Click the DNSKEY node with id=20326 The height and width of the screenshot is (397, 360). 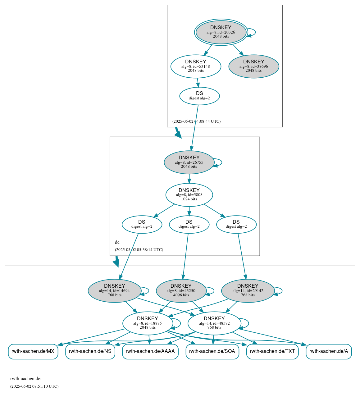(x=221, y=32)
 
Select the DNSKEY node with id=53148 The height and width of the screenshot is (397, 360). (x=196, y=66)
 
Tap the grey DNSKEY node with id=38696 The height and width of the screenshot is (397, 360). (x=253, y=66)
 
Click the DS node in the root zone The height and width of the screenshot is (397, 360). (x=199, y=96)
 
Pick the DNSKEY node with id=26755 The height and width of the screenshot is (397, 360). (x=189, y=162)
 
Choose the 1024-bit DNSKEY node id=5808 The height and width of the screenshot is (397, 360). (x=189, y=195)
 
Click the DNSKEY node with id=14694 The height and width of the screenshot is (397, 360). (x=115, y=291)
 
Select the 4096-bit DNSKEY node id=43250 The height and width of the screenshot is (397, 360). (x=181, y=291)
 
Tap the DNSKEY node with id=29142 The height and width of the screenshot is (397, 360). (x=248, y=291)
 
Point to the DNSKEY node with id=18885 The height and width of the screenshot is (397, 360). (x=148, y=323)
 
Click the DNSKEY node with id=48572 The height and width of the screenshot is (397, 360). (x=214, y=323)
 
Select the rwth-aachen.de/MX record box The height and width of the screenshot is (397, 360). (x=33, y=352)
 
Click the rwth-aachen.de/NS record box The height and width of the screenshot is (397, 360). (x=90, y=352)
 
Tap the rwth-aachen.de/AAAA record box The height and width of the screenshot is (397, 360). (x=150, y=352)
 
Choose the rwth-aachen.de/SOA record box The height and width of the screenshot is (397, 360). (x=212, y=352)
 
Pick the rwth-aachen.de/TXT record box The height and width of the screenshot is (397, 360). (x=272, y=352)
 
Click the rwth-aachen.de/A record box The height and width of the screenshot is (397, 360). (x=329, y=352)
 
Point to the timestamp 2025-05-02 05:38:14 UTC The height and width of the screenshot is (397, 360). (x=139, y=250)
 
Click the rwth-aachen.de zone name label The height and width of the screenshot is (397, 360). (x=25, y=379)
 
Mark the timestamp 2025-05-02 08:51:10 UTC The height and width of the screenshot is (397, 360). (x=34, y=386)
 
